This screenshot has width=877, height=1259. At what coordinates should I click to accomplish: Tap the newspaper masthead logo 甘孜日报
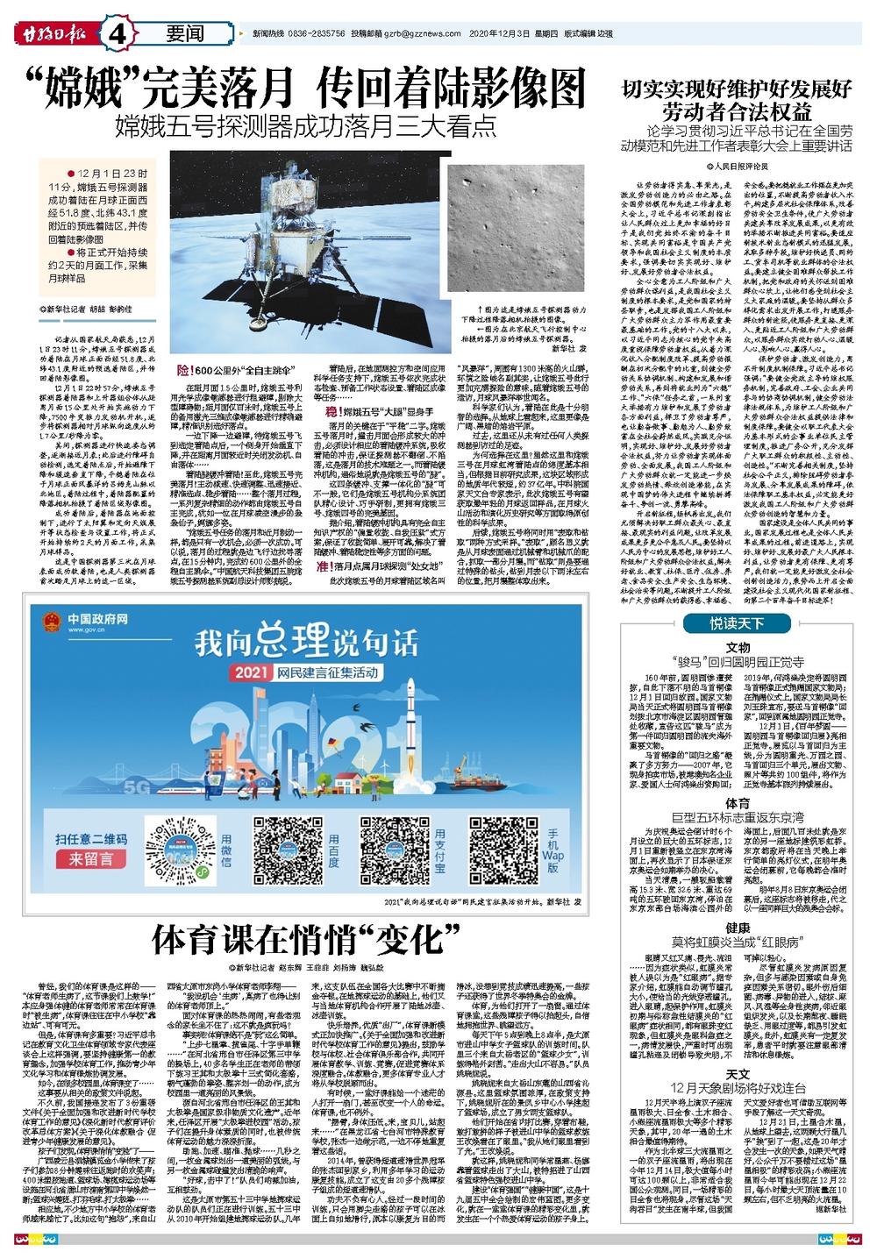point(53,34)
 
